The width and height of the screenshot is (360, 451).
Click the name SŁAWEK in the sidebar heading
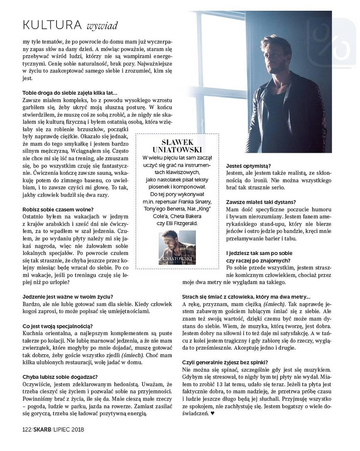(178, 143)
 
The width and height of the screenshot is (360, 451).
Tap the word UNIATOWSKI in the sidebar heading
(178, 150)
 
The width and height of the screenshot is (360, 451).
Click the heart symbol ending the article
(213, 413)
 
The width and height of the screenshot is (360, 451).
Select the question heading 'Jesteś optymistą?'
(248, 166)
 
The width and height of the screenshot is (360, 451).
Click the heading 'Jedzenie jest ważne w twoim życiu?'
(68, 297)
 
